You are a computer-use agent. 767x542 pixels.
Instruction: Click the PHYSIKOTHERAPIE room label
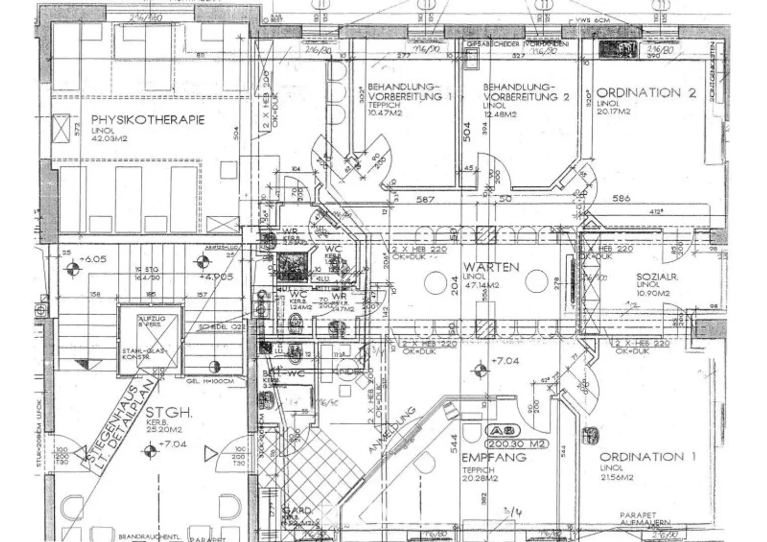point(148,120)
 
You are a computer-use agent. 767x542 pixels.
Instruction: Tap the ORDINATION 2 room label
point(646,93)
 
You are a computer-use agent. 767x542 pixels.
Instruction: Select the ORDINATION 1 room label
point(647,457)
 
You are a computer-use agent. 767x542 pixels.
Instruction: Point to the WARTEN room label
point(491,267)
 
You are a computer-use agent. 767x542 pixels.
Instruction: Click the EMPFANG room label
point(493,457)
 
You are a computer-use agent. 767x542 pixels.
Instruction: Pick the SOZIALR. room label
point(657,277)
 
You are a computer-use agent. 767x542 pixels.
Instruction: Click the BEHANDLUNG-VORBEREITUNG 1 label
point(404,91)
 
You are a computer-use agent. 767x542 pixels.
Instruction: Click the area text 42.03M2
point(109,138)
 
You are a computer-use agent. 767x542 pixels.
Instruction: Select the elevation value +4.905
point(216,277)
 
